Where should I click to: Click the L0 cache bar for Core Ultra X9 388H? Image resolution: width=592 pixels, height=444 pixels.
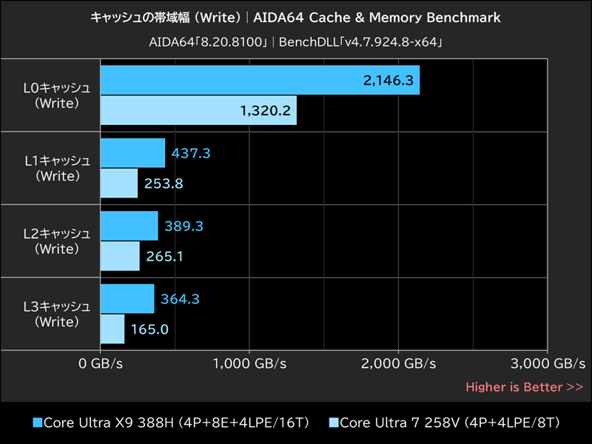[x=259, y=80]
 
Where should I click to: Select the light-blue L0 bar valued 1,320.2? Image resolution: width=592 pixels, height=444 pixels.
[x=198, y=110]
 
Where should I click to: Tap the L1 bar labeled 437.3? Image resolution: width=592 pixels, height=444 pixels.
[x=132, y=153]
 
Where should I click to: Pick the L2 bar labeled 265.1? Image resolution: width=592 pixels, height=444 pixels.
[x=120, y=256]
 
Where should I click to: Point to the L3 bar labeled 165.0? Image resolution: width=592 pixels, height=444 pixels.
[x=112, y=329]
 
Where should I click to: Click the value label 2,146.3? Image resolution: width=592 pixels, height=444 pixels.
[x=388, y=81]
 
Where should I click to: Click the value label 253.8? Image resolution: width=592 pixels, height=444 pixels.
[x=164, y=184]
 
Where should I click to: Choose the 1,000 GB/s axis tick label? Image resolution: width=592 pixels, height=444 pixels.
[x=249, y=363]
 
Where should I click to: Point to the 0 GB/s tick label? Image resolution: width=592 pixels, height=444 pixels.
[x=100, y=363]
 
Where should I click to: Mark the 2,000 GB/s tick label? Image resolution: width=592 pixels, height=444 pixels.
[x=399, y=363]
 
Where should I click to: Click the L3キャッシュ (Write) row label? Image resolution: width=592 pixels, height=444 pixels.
[x=57, y=314]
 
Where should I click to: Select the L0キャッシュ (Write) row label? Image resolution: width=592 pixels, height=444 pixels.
[x=57, y=95]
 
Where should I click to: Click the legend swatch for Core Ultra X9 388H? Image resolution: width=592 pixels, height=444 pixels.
[x=38, y=423]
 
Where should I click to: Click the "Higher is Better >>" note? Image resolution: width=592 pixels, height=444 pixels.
[x=524, y=387]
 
